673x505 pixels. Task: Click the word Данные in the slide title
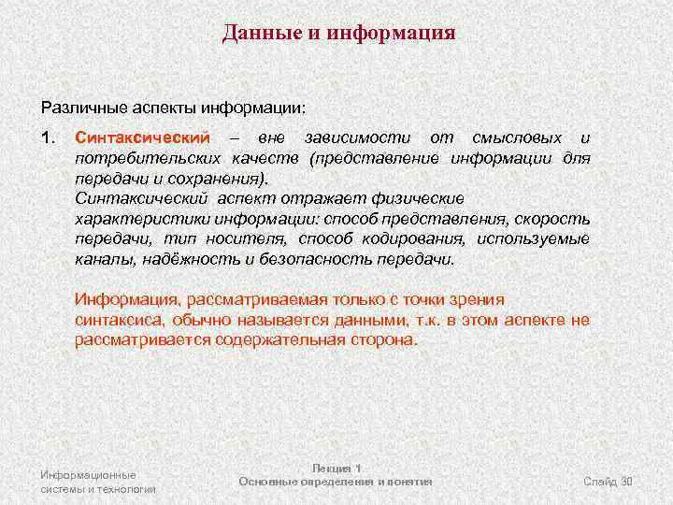coord(257,34)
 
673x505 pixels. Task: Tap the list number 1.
coord(50,138)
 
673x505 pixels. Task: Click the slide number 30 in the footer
coord(627,481)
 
